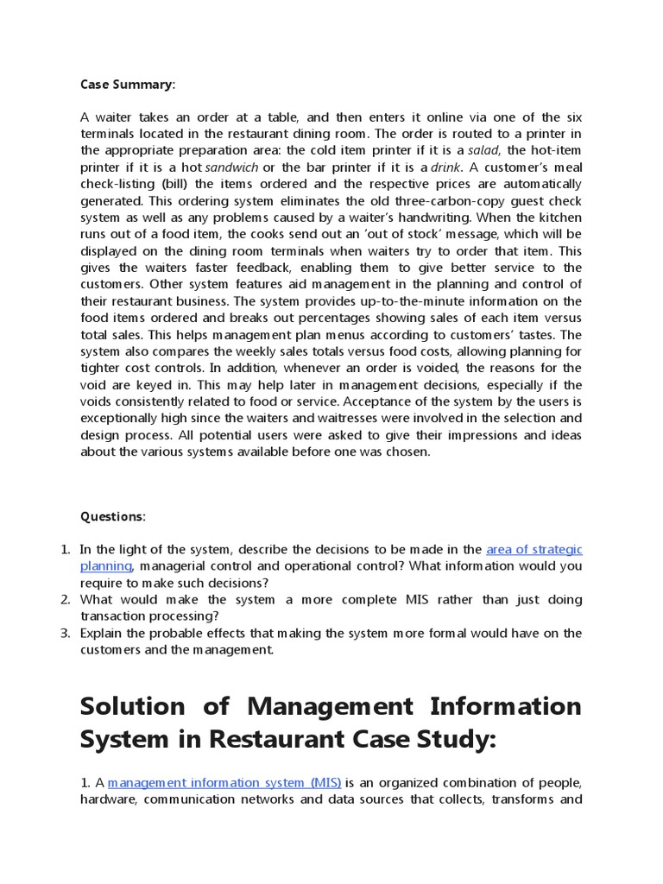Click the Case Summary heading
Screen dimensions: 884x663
pos(127,84)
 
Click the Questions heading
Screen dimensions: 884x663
pos(113,516)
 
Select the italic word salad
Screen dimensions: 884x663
pos(484,150)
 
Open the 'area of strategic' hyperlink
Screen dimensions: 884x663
pos(534,549)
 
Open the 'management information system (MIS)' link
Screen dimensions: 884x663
pos(224,782)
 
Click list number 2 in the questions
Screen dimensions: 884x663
pos(64,599)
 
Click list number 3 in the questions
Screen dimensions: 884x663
pos(64,633)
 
